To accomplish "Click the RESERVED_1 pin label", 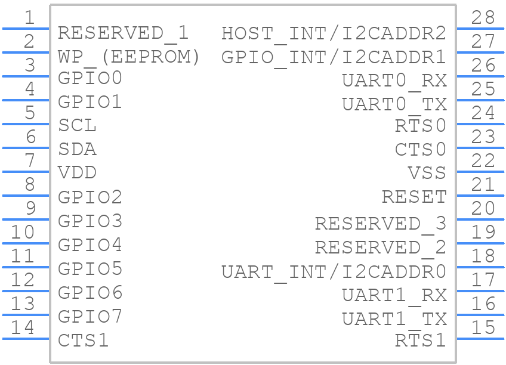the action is point(123,33).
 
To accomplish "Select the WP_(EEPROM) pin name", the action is point(129,57).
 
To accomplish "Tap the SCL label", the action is point(77,125).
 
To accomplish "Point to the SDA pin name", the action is point(77,149).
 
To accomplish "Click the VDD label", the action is point(77,172).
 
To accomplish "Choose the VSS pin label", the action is point(427,173).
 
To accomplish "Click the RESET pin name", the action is point(414,197).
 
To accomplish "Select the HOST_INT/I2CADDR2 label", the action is point(334,33).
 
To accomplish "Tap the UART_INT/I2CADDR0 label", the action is point(334,272).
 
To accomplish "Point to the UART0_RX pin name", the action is point(394,81).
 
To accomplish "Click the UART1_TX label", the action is point(394,320).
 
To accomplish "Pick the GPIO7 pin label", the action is point(90,316).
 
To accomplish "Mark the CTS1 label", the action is point(84,340).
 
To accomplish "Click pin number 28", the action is point(483,17).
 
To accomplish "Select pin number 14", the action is point(23,327).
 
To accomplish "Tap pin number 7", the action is point(30,160).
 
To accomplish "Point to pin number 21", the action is point(483,184).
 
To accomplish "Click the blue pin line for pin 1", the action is point(26,29).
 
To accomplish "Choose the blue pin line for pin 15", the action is point(480,339).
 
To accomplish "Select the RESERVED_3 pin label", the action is point(381,224).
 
